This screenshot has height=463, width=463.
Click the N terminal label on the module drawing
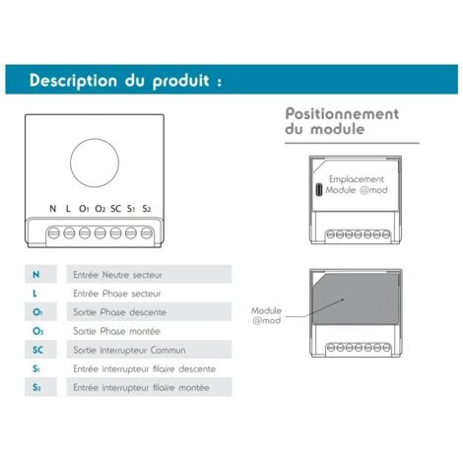(53, 209)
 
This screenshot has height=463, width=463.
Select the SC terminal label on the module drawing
(115, 209)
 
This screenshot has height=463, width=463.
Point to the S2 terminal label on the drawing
(147, 209)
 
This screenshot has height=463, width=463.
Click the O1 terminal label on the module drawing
(84, 209)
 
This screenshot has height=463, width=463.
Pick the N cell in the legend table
(37, 274)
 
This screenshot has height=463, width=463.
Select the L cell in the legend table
(37, 293)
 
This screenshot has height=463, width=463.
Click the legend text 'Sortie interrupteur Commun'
(126, 350)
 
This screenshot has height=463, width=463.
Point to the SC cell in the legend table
(37, 350)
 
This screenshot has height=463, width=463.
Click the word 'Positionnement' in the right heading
(342, 113)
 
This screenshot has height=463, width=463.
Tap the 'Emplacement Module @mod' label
(357, 184)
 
